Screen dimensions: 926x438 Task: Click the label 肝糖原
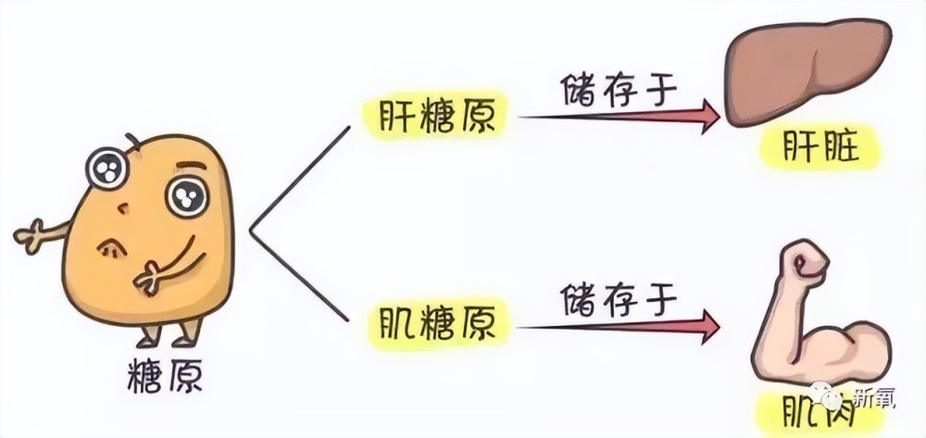(436, 117)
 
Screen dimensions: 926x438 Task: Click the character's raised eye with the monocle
(106, 169)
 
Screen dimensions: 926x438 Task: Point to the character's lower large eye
(187, 197)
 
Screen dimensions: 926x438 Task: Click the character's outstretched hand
(29, 236)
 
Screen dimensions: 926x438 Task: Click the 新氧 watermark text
(876, 398)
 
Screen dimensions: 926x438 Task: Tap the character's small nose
(122, 208)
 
